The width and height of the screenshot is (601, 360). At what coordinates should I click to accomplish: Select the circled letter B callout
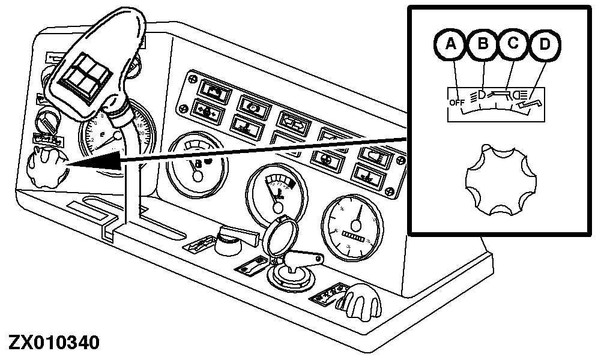coord(483,45)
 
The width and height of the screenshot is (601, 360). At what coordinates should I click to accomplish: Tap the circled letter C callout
coord(512,45)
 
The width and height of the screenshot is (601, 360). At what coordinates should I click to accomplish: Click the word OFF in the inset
coord(456,103)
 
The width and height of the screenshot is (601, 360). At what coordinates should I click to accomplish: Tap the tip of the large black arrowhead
coord(67,163)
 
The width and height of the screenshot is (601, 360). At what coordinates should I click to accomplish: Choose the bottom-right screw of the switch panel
coord(391,191)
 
